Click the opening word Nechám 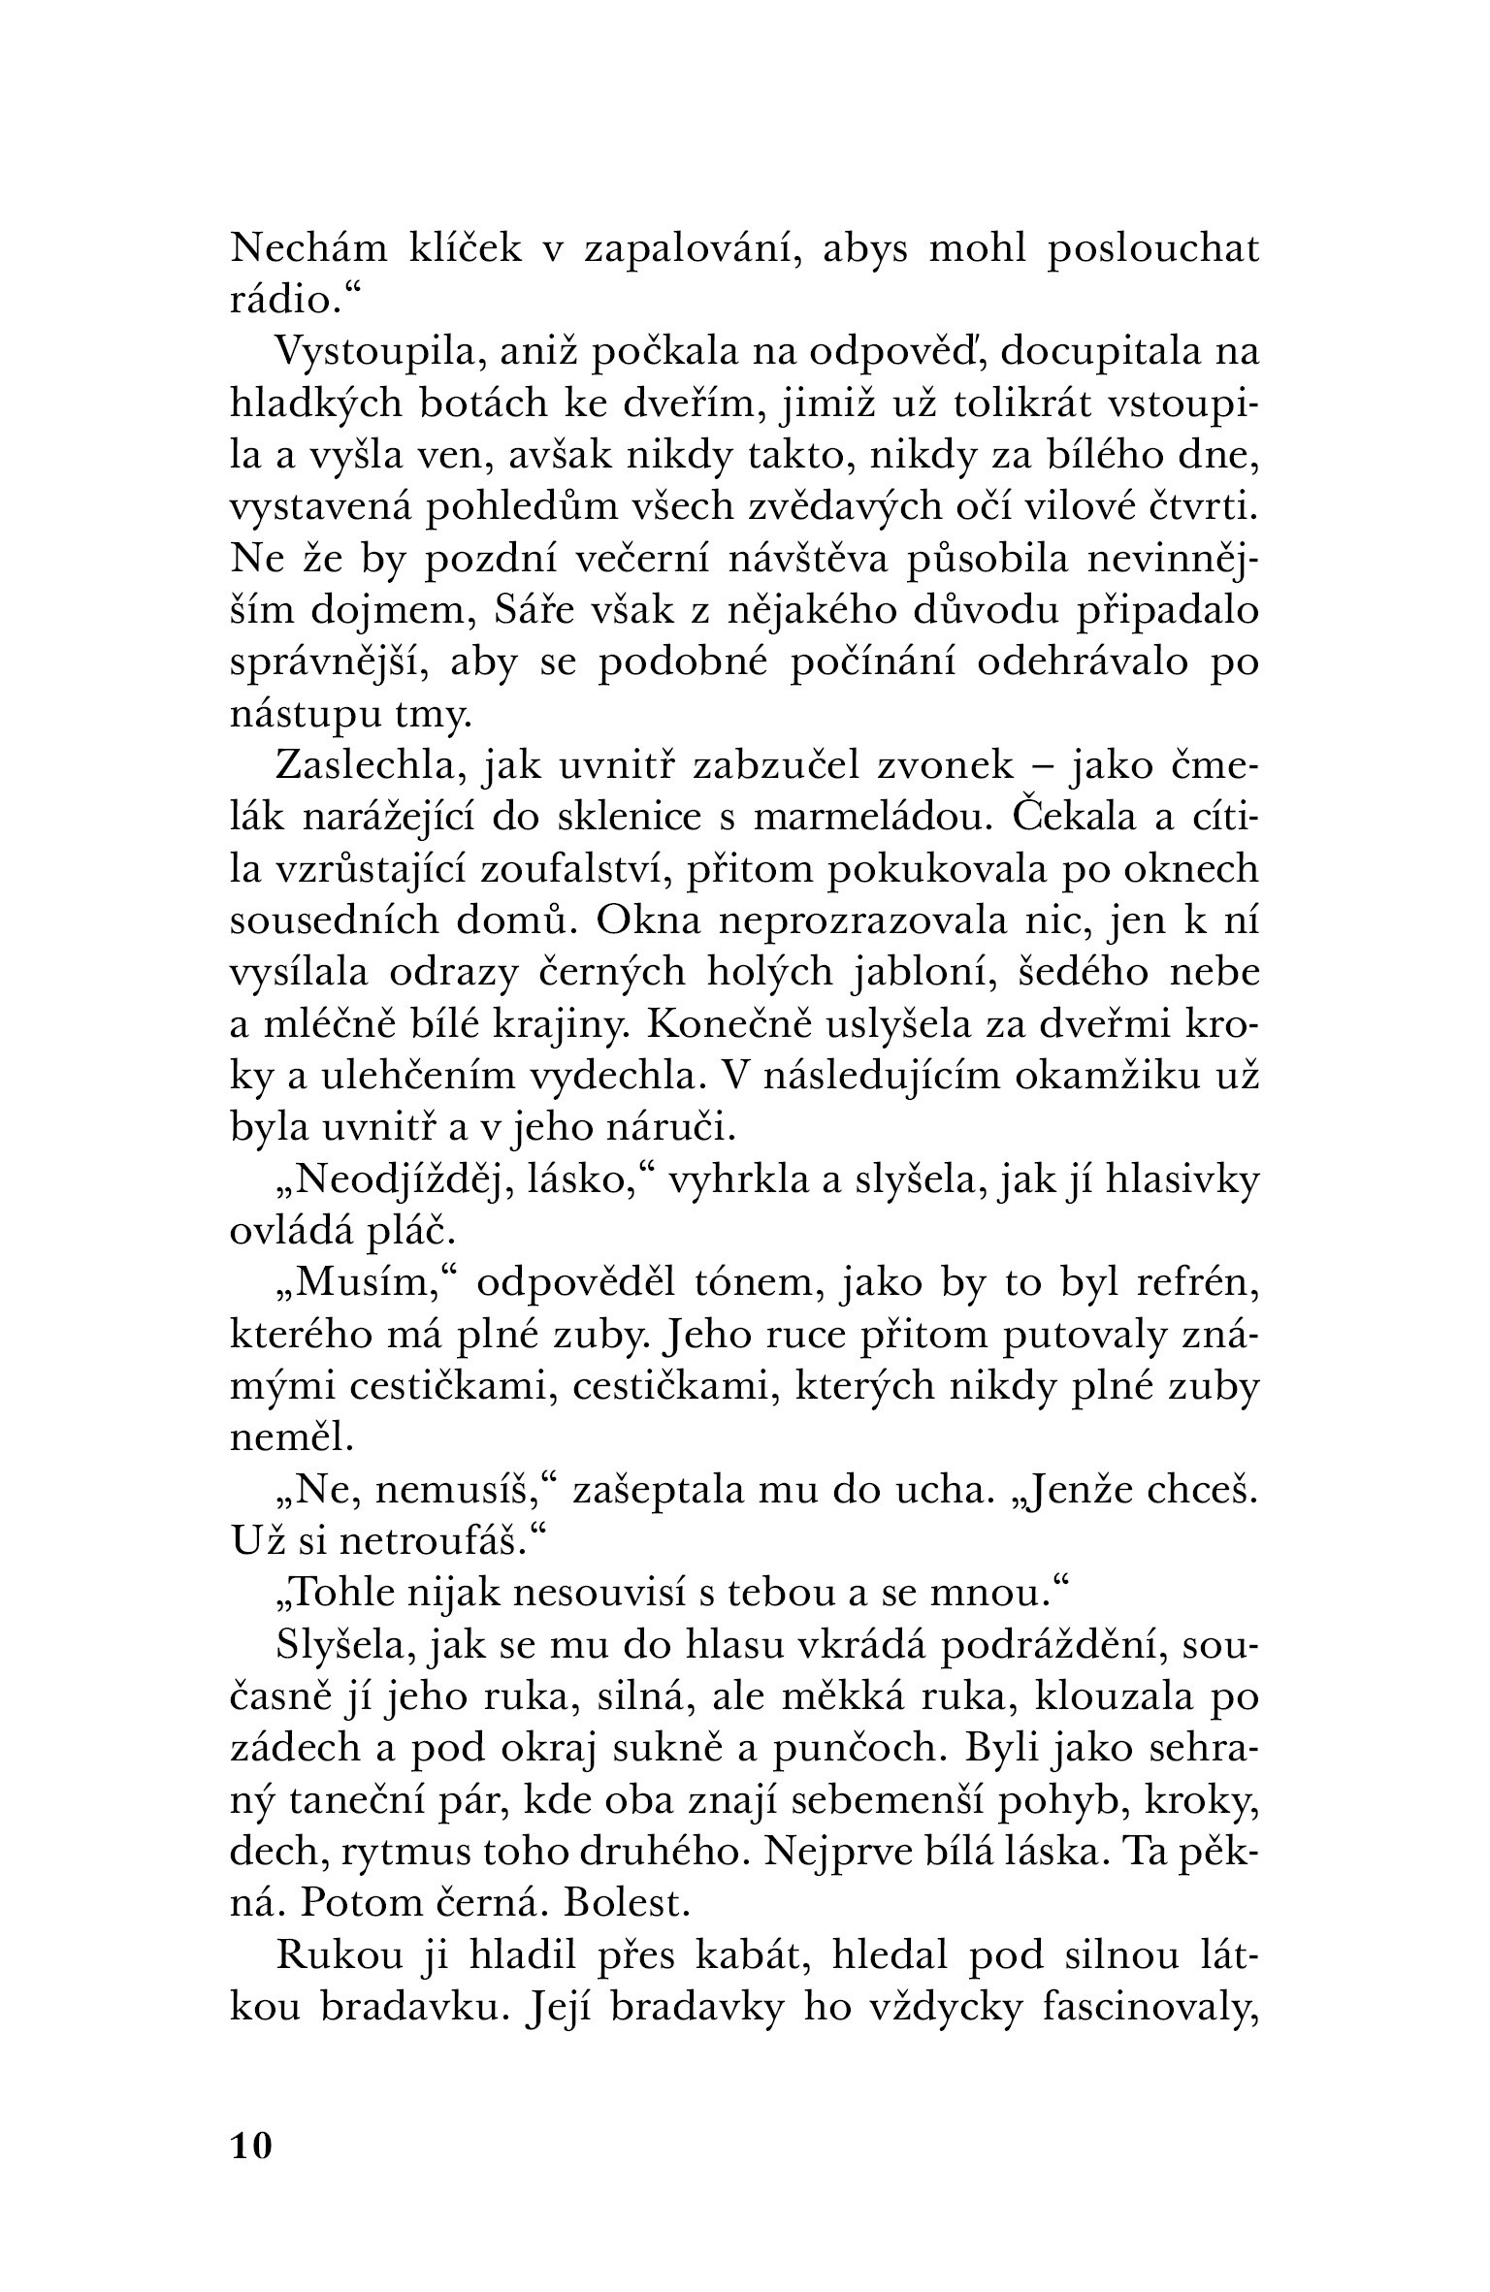pos(309,248)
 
